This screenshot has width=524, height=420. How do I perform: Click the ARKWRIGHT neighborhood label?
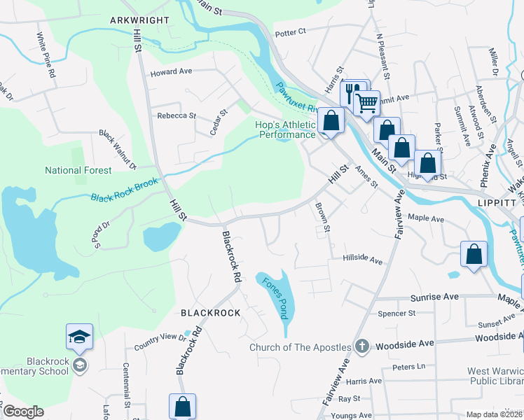[x=139, y=20]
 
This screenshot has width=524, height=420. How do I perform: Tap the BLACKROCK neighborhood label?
[x=211, y=313]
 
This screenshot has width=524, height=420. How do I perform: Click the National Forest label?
[x=78, y=170]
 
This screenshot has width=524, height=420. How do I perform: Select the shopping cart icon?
[x=366, y=104]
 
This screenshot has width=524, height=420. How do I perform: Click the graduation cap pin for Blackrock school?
[x=80, y=337]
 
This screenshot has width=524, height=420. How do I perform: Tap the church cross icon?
[x=361, y=346]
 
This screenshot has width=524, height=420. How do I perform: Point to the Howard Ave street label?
[x=171, y=71]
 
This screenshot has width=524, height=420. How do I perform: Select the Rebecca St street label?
[x=176, y=115]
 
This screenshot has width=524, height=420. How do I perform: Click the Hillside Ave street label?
[x=362, y=260]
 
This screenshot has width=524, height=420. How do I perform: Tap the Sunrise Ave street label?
[x=434, y=297]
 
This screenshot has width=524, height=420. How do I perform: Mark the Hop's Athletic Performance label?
[x=285, y=130]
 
